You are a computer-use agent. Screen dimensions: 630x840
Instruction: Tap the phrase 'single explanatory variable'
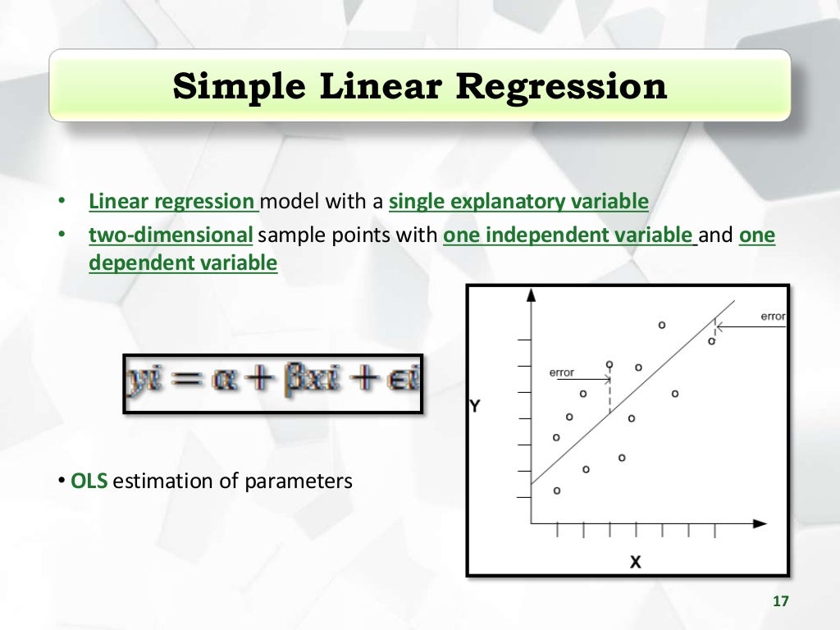click(518, 202)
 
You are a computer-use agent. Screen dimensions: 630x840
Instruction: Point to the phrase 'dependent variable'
click(183, 263)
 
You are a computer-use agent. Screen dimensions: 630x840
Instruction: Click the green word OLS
click(89, 481)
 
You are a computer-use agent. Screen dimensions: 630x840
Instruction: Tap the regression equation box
click(272, 384)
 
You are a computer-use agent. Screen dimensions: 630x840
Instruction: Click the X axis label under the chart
click(634, 562)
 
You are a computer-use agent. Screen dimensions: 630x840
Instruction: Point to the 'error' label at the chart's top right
click(773, 316)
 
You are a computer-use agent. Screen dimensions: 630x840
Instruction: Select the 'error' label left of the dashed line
click(562, 372)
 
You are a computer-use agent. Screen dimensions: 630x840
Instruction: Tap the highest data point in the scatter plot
click(661, 325)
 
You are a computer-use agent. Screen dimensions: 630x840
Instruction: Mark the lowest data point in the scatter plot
click(557, 491)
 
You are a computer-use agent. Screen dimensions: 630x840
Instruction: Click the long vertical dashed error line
click(609, 394)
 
